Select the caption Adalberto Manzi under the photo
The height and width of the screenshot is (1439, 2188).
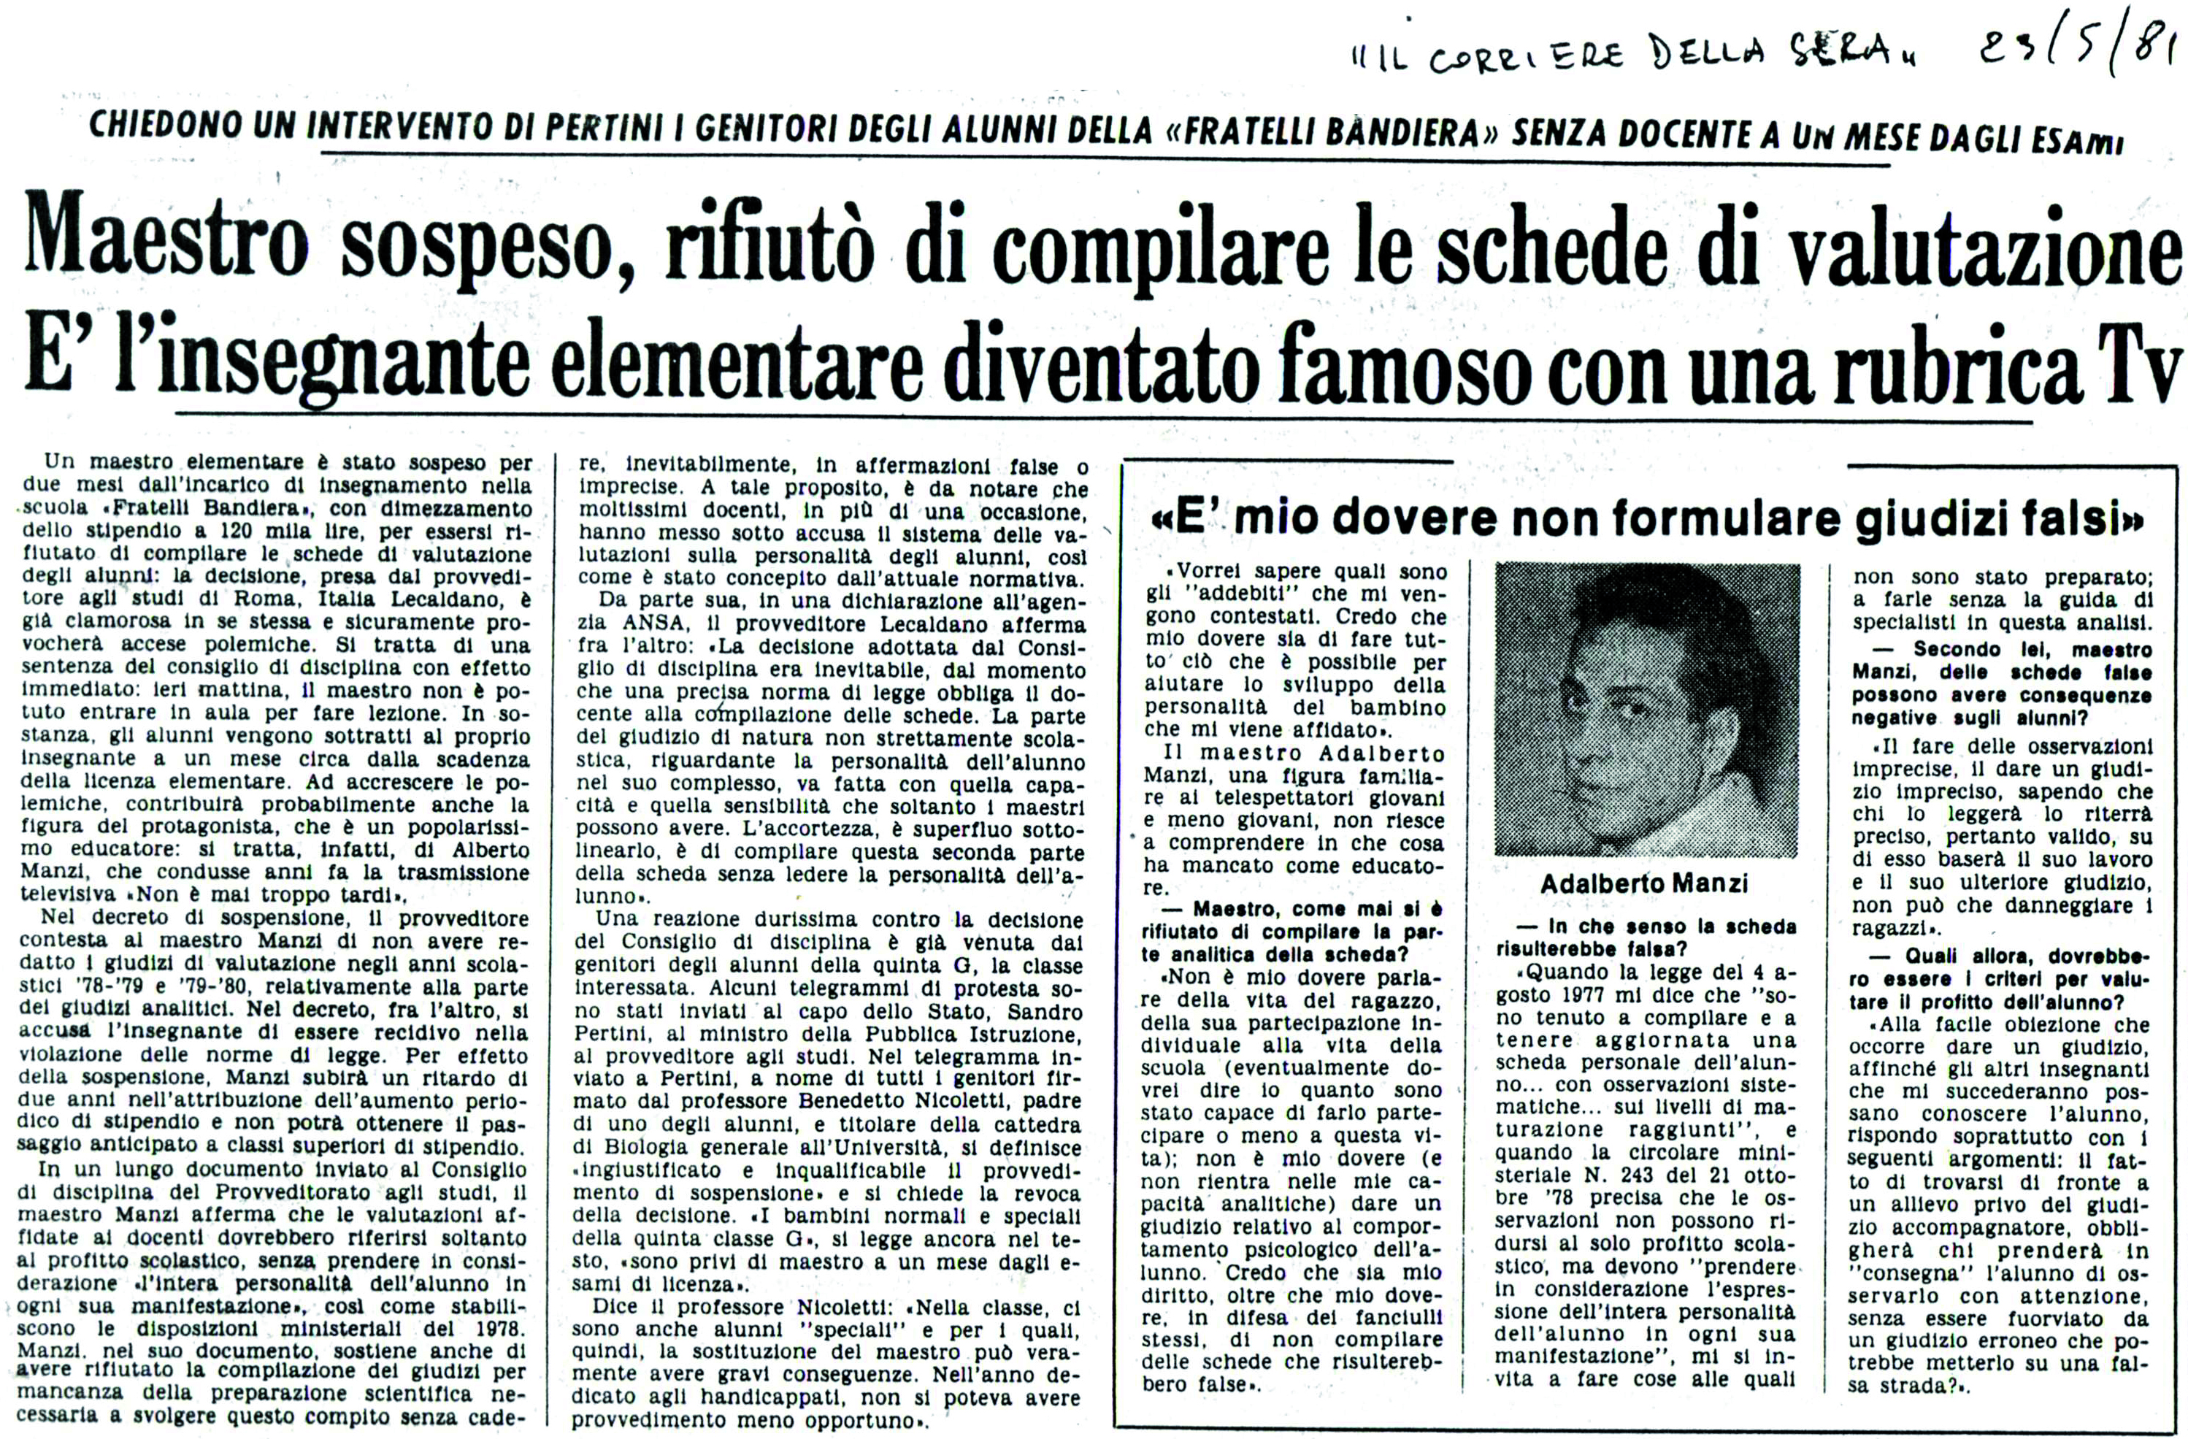pyautogui.click(x=1644, y=885)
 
